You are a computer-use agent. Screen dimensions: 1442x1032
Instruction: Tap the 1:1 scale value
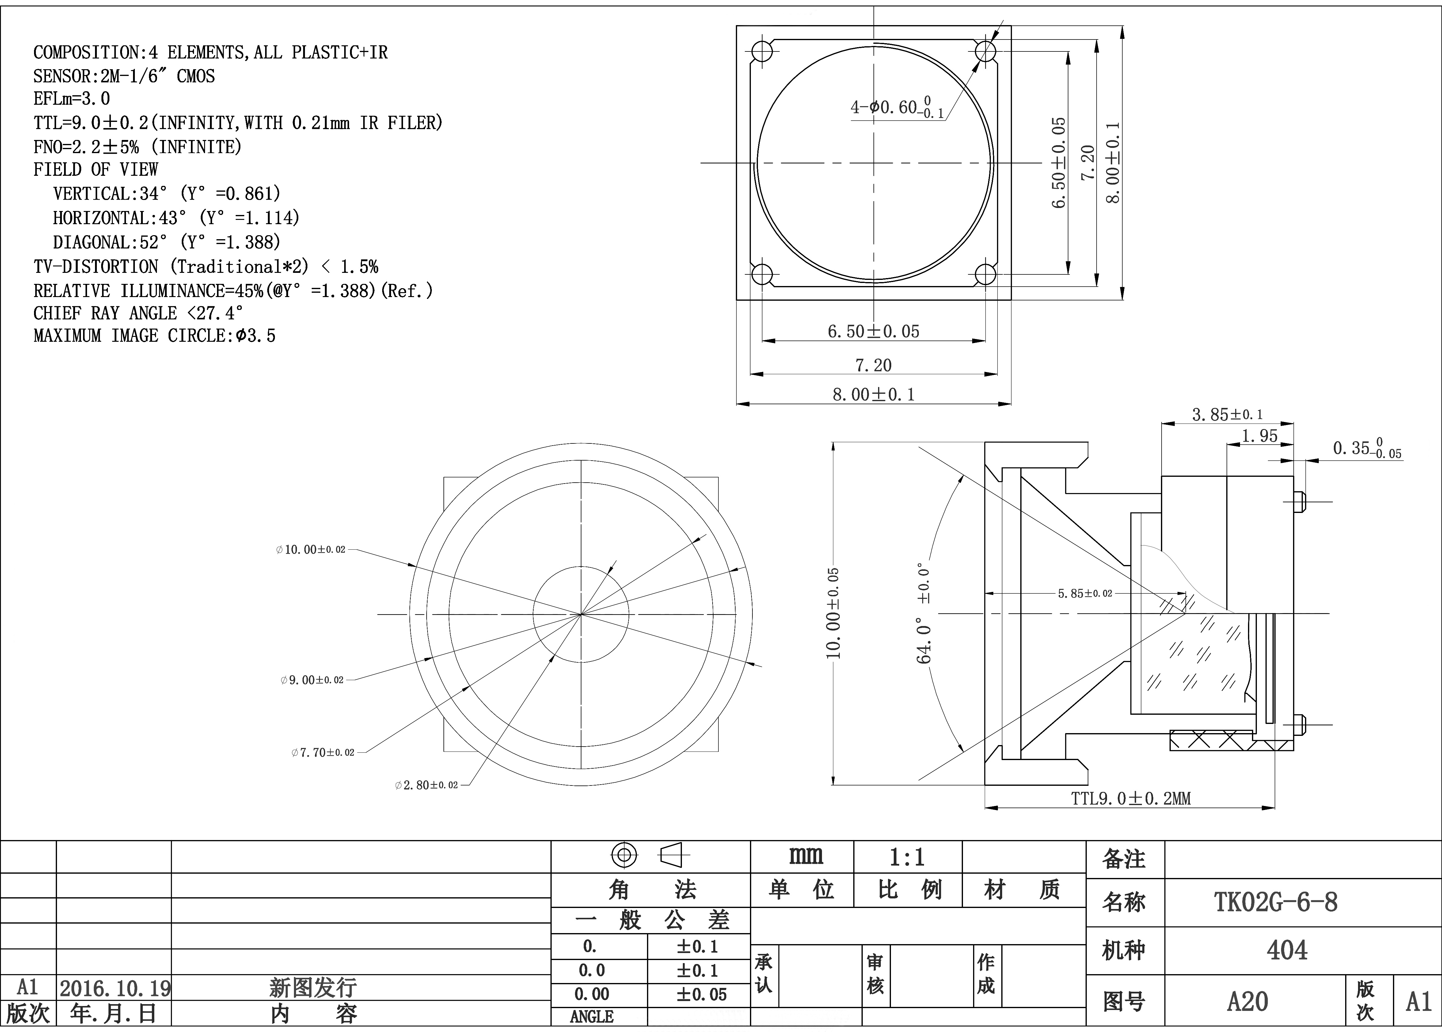pos(907,858)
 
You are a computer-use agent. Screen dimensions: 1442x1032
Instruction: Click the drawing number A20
pos(1247,1001)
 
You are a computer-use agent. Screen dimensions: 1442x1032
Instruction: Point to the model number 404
pos(1287,950)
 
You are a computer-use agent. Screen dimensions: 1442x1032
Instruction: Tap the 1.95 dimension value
pos(1260,436)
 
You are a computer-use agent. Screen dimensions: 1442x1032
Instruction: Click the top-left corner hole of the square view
pos(762,51)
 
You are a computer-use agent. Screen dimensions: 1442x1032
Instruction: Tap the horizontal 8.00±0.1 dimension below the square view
pos(873,395)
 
